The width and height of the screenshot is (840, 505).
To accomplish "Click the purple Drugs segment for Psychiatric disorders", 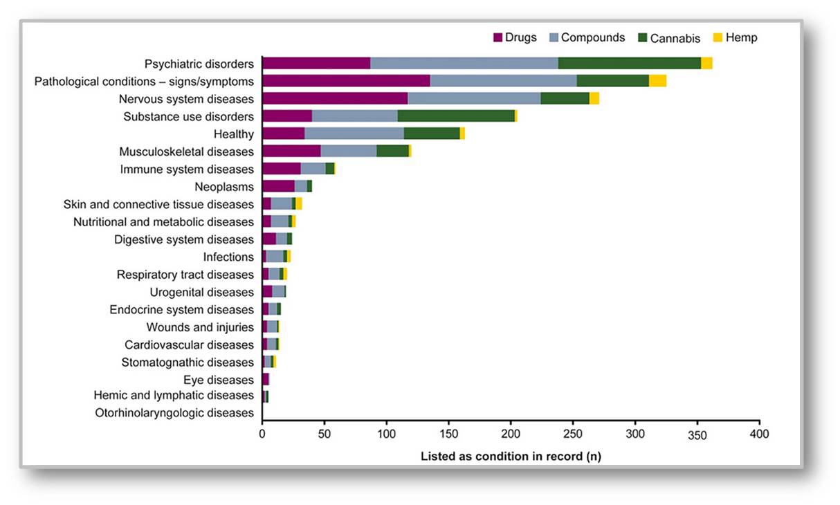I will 316,64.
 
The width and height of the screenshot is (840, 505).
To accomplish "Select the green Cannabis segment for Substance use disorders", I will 456,116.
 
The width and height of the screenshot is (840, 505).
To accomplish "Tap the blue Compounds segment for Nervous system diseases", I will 474,99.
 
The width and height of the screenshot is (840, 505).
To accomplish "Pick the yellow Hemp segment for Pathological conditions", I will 657,81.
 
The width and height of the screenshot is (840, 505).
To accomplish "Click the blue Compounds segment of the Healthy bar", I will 354,134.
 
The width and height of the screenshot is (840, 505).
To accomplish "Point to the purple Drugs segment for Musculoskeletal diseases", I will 291,151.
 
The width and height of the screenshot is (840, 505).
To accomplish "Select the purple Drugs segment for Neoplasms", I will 278,186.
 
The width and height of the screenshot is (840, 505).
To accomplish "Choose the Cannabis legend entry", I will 668,38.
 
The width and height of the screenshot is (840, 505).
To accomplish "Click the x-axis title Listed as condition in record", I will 511,457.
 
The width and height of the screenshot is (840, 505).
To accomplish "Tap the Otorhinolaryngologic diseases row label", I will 174,413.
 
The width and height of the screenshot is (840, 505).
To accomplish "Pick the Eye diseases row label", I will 219,380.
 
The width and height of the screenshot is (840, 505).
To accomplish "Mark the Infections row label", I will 228,257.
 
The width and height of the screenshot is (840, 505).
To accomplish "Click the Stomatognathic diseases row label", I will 188,362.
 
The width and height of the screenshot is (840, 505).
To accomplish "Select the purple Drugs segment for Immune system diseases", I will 282,169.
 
